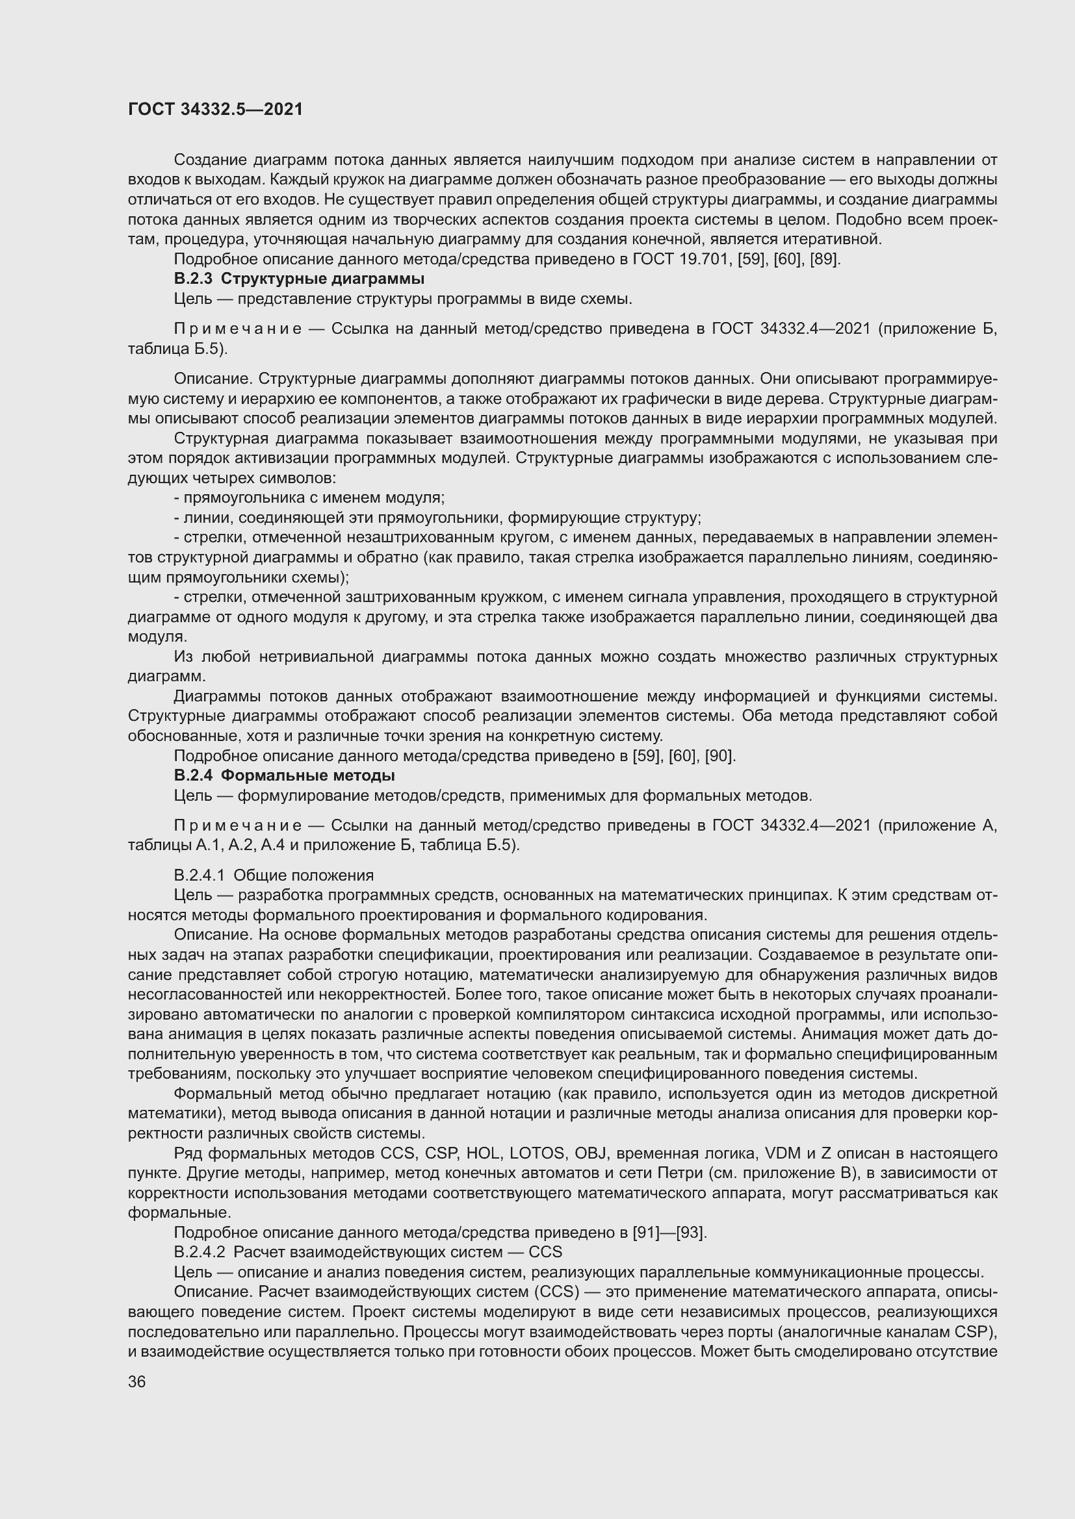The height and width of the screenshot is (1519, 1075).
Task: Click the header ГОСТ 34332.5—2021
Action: (215, 109)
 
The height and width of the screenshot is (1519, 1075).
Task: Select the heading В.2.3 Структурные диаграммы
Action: (298, 279)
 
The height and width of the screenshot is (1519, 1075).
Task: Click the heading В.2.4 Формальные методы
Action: (284, 775)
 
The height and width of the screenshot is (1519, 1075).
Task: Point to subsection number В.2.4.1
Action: (200, 875)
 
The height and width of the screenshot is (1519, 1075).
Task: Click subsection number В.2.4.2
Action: (200, 1251)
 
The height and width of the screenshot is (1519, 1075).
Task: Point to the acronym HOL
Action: (483, 1153)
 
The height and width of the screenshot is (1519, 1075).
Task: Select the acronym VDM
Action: (782, 1153)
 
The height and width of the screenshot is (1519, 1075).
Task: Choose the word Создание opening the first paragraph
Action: (210, 160)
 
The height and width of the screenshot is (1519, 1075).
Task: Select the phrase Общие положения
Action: (303, 875)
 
